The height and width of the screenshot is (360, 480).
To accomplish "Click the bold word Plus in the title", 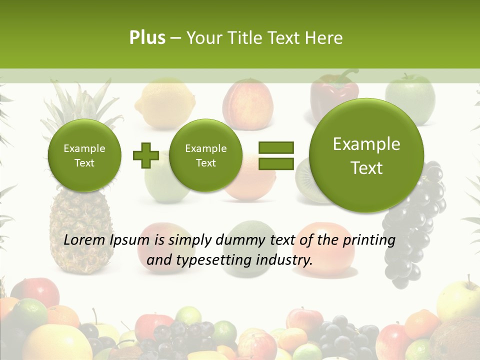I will pyautogui.click(x=147, y=38).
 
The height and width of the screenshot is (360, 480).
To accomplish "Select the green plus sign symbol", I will pyautogui.click(x=145, y=156).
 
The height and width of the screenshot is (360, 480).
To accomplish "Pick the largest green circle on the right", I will pyautogui.click(x=366, y=155).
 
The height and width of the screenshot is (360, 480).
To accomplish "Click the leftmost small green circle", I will pyautogui.click(x=84, y=155).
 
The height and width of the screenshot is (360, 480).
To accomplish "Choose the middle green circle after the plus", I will pyautogui.click(x=205, y=155).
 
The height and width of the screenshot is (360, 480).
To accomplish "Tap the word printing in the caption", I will pyautogui.click(x=368, y=240).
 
